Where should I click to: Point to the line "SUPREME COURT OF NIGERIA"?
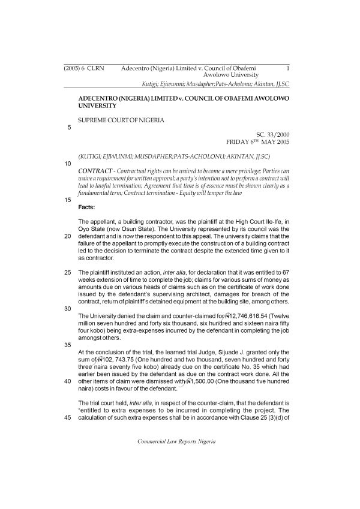[x=121, y=120]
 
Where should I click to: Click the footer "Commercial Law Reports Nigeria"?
[x=180, y=458]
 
